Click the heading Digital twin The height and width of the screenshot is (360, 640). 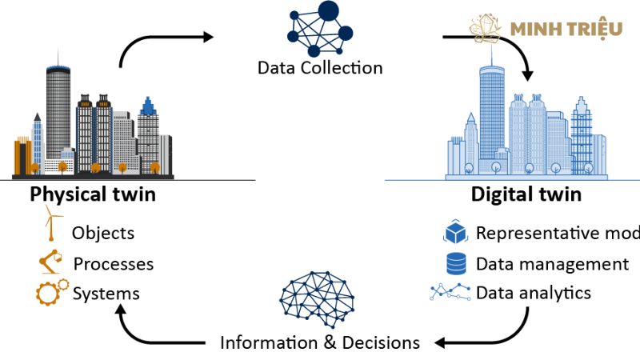point(526,194)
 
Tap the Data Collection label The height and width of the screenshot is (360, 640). point(320,67)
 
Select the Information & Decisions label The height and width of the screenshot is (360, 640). point(320,342)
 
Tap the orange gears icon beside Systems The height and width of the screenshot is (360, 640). point(52,292)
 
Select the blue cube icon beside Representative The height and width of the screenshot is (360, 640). point(455,233)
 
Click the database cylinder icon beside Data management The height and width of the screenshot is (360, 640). point(455,262)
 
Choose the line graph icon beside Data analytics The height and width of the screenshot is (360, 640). point(450,292)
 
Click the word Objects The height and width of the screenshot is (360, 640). point(103,234)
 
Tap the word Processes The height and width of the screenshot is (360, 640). point(114,263)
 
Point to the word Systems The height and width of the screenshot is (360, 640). point(106,294)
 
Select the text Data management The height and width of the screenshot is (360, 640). point(552,263)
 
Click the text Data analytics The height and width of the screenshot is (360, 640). point(534,293)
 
